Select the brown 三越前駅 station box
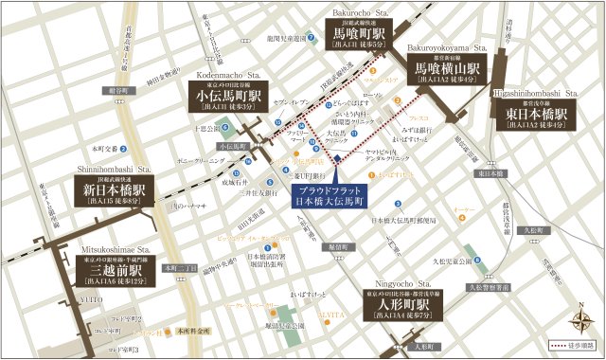pyautogui.click(x=111, y=268)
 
